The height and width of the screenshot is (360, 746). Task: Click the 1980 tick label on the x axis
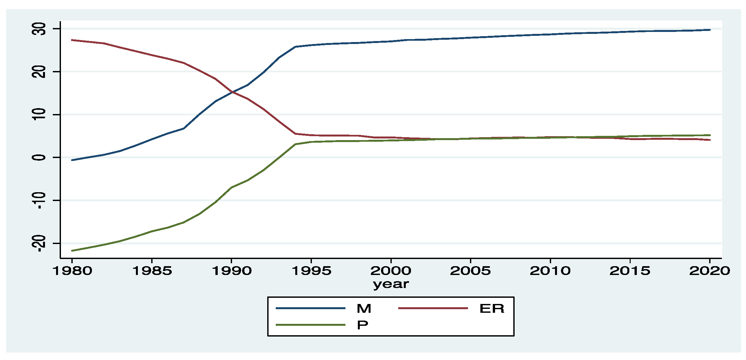(72, 270)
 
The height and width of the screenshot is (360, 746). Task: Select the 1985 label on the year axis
(152, 270)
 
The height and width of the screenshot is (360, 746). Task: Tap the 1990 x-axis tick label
(232, 270)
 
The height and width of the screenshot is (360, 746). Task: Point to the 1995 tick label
(312, 270)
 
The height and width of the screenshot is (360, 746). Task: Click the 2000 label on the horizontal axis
(391, 270)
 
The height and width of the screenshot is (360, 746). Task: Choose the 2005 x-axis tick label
(470, 270)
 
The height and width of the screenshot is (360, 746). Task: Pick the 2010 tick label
(550, 270)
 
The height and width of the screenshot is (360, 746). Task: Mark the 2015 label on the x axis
(630, 270)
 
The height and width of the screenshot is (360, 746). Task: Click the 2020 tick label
(709, 270)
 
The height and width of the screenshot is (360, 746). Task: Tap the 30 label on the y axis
(39, 29)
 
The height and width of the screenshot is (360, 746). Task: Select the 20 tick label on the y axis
(39, 72)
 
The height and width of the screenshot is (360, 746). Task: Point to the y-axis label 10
(39, 115)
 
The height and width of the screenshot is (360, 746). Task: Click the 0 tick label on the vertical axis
(39, 157)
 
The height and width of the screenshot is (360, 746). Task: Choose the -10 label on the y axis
(39, 200)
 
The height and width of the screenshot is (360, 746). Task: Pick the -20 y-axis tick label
(39, 243)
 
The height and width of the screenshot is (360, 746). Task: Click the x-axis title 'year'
(391, 284)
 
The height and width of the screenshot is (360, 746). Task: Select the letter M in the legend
(364, 309)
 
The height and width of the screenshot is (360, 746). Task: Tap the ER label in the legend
(492, 309)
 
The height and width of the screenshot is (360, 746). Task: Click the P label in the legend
(362, 325)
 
